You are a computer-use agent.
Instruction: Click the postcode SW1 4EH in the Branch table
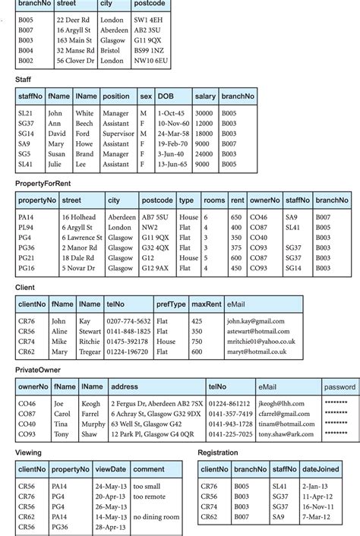[x=149, y=20]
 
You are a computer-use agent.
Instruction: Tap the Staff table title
[x=24, y=79]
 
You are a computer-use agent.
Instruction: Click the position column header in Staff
[x=116, y=96]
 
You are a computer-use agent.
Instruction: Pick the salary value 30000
[x=204, y=113]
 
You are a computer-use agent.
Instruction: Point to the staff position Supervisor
[x=120, y=134]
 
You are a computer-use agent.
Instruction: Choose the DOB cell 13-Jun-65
[x=172, y=164]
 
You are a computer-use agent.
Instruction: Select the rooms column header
[x=214, y=200]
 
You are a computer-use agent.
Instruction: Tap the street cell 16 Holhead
[x=78, y=217]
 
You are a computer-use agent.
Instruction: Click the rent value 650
[x=236, y=217]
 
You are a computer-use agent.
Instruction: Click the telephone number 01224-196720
[x=128, y=352]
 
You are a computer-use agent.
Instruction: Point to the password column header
[x=339, y=386]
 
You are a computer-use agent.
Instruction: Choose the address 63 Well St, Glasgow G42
[x=150, y=424]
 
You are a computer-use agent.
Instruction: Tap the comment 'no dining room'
[x=156, y=516]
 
